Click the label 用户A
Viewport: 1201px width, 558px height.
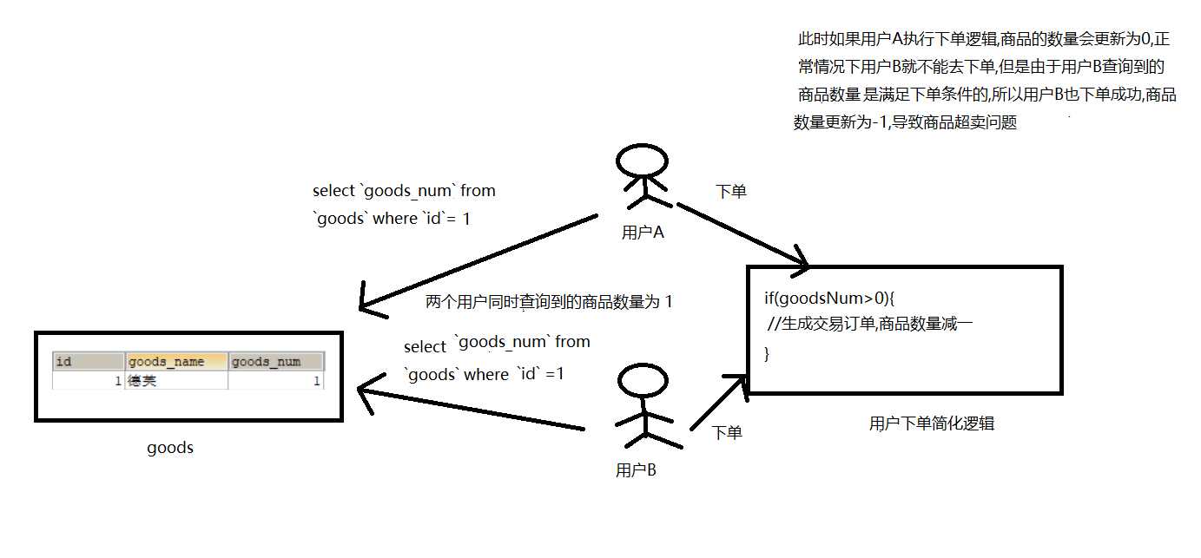(x=643, y=232)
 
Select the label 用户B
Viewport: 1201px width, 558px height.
(x=636, y=470)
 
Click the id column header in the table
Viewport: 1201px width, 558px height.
(x=89, y=362)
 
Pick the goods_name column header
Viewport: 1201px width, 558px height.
(x=176, y=362)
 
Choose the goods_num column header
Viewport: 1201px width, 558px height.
(x=276, y=362)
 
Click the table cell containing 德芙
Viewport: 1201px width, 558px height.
(x=176, y=380)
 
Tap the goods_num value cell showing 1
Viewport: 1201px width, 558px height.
(x=276, y=380)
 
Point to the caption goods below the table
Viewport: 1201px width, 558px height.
(x=170, y=448)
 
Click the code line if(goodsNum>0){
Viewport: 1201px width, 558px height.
(x=829, y=299)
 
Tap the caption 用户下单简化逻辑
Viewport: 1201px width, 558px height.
(x=932, y=423)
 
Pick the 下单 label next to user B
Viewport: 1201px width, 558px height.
(x=727, y=432)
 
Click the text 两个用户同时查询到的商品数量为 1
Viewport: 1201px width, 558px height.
(x=549, y=302)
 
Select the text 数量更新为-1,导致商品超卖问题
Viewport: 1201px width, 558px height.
(x=904, y=122)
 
